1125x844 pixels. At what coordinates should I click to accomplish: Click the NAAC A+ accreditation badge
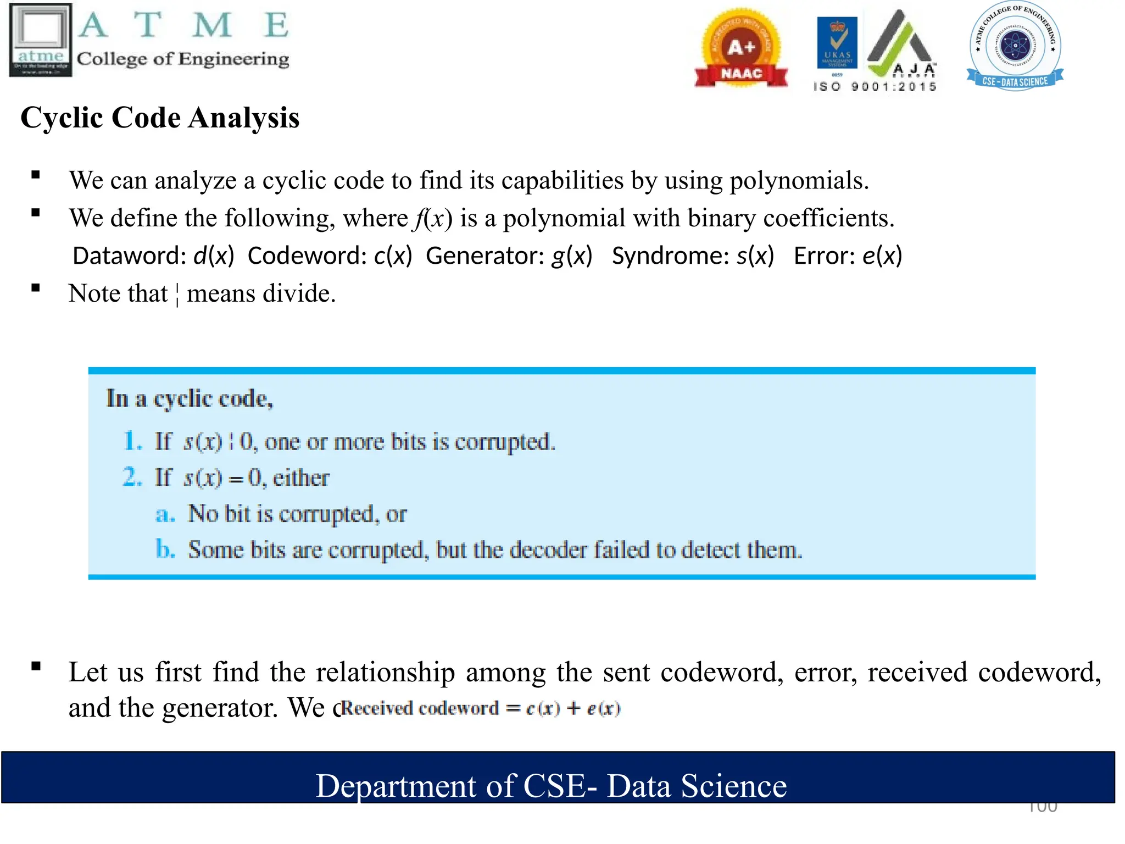[741, 49]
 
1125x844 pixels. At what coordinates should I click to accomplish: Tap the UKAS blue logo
[837, 43]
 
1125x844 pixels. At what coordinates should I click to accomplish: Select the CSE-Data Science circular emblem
[1015, 46]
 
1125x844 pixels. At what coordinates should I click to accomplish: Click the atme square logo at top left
[41, 40]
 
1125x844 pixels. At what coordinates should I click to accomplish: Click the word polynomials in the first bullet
[799, 181]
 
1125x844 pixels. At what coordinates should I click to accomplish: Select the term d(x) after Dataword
[214, 256]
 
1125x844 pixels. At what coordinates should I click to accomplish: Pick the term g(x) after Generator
[572, 256]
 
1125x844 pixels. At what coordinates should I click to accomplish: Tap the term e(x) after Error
[882, 256]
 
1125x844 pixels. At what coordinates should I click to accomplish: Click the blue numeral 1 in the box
[131, 441]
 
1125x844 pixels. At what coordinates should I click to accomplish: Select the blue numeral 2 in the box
[131, 477]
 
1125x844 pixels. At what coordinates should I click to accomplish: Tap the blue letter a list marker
[164, 514]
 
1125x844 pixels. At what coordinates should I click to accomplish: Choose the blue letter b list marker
[164, 549]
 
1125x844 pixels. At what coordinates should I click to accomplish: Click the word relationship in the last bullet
[385, 672]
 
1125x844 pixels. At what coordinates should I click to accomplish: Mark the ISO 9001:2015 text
[875, 87]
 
